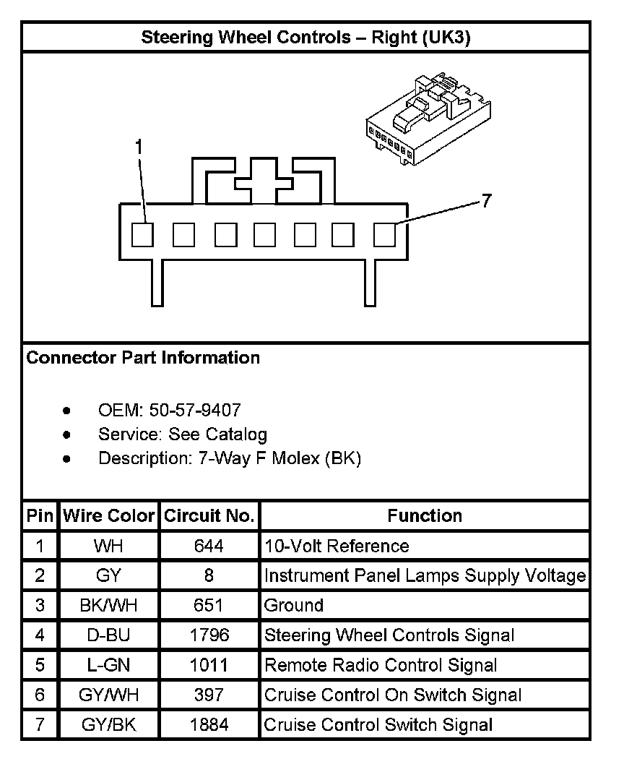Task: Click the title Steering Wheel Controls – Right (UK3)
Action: click(x=305, y=38)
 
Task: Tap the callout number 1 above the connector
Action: click(x=139, y=147)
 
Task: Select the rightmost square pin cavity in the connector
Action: click(x=384, y=235)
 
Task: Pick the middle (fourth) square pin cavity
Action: click(x=264, y=235)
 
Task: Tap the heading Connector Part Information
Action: click(x=143, y=358)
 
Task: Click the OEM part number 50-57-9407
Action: click(x=195, y=411)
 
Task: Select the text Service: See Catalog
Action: click(x=183, y=434)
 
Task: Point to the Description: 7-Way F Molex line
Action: click(x=229, y=458)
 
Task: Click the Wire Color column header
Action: click(x=109, y=516)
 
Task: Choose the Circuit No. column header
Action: click(x=209, y=516)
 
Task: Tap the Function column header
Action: click(x=425, y=516)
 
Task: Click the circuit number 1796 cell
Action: click(x=209, y=635)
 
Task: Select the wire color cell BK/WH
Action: click(x=109, y=606)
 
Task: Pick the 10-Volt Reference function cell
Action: click(x=337, y=546)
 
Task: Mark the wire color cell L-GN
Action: click(x=109, y=665)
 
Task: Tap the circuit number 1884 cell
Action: click(x=209, y=724)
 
